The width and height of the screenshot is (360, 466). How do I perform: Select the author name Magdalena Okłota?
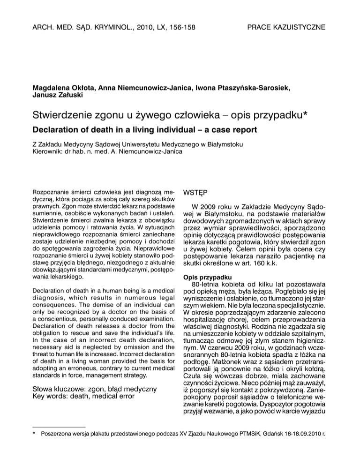63,88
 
